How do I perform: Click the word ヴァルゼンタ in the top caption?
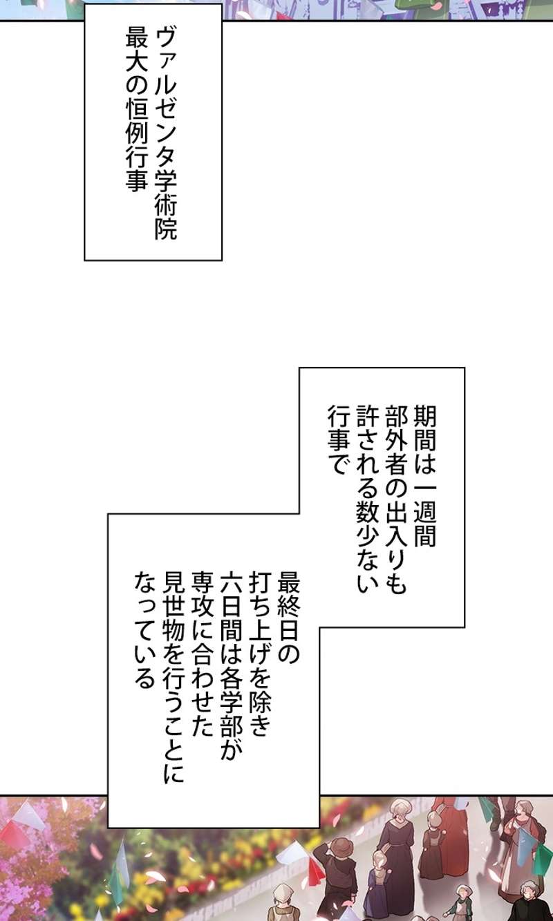click(x=166, y=94)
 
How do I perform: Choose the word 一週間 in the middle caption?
click(x=424, y=511)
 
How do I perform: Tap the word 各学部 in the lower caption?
click(x=232, y=697)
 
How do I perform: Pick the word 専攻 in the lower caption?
click(x=203, y=587)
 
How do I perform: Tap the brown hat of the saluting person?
click(x=341, y=847)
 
